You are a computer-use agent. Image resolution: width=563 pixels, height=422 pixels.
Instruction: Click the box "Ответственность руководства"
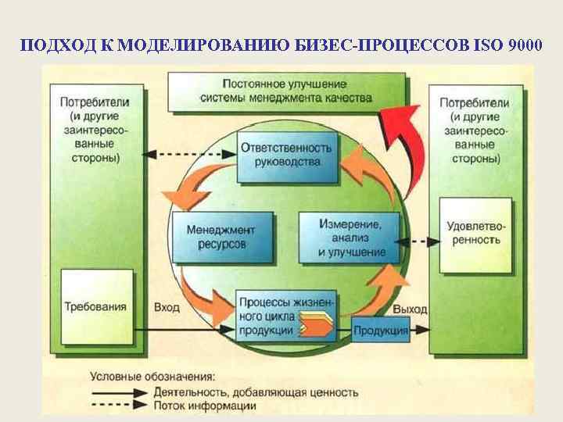click(x=285, y=156)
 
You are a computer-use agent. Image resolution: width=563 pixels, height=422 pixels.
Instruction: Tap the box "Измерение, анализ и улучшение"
click(x=350, y=235)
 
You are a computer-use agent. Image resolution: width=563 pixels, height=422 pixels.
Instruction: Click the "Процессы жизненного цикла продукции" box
click(x=285, y=313)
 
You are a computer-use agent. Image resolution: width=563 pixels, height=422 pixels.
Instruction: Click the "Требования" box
click(x=96, y=306)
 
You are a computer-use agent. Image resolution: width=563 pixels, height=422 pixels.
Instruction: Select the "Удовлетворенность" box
click(x=475, y=234)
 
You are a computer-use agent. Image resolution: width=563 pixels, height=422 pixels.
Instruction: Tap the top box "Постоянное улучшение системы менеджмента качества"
click(x=286, y=91)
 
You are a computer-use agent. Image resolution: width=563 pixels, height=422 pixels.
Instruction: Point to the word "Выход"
click(x=409, y=309)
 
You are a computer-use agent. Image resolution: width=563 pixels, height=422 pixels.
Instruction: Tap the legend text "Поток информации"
click(x=206, y=406)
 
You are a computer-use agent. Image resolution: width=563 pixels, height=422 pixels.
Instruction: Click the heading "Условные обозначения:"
click(x=153, y=377)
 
